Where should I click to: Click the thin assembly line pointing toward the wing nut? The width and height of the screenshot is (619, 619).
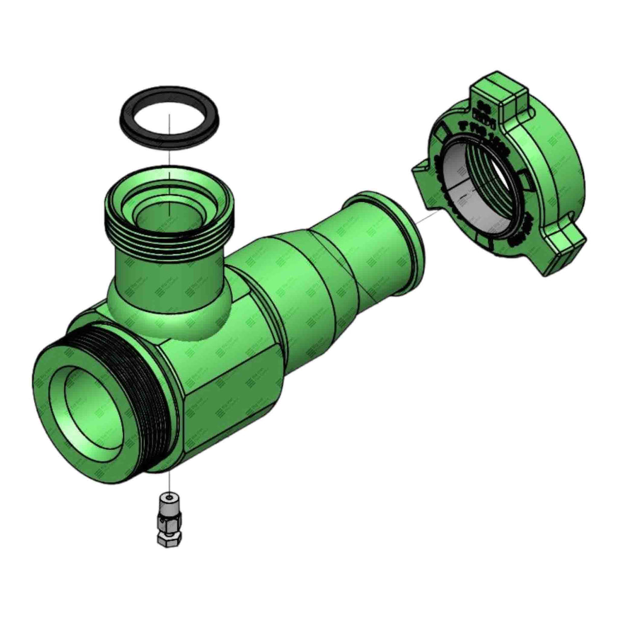click(x=426, y=219)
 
